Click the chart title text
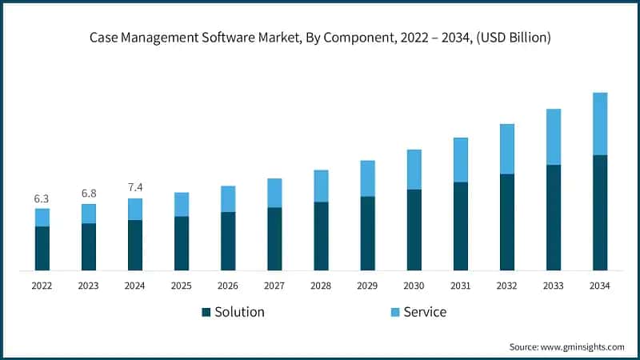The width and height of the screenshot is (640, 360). [320, 38]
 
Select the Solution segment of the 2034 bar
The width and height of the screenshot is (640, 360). [600, 212]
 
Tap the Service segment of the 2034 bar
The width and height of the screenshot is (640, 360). [600, 124]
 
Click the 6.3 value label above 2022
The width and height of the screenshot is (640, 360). [42, 198]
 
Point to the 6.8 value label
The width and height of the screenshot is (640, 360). [88, 194]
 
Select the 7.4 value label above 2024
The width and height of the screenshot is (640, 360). [135, 187]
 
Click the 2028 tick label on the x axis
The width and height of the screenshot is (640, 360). [321, 286]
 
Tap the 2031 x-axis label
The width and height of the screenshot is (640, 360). [460, 286]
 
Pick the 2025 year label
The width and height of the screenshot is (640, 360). [182, 286]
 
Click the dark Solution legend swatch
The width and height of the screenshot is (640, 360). [206, 312]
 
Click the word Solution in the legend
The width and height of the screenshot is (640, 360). [239, 312]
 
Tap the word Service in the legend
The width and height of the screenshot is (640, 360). [425, 312]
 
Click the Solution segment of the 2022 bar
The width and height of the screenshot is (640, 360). [42, 248]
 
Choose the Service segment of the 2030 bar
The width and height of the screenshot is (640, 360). [414, 170]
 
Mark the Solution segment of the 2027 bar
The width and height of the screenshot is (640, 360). [274, 238]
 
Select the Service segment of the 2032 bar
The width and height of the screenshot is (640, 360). [506, 149]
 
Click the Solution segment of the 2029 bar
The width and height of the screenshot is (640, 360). [367, 233]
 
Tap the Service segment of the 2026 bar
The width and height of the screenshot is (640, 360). [228, 198]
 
